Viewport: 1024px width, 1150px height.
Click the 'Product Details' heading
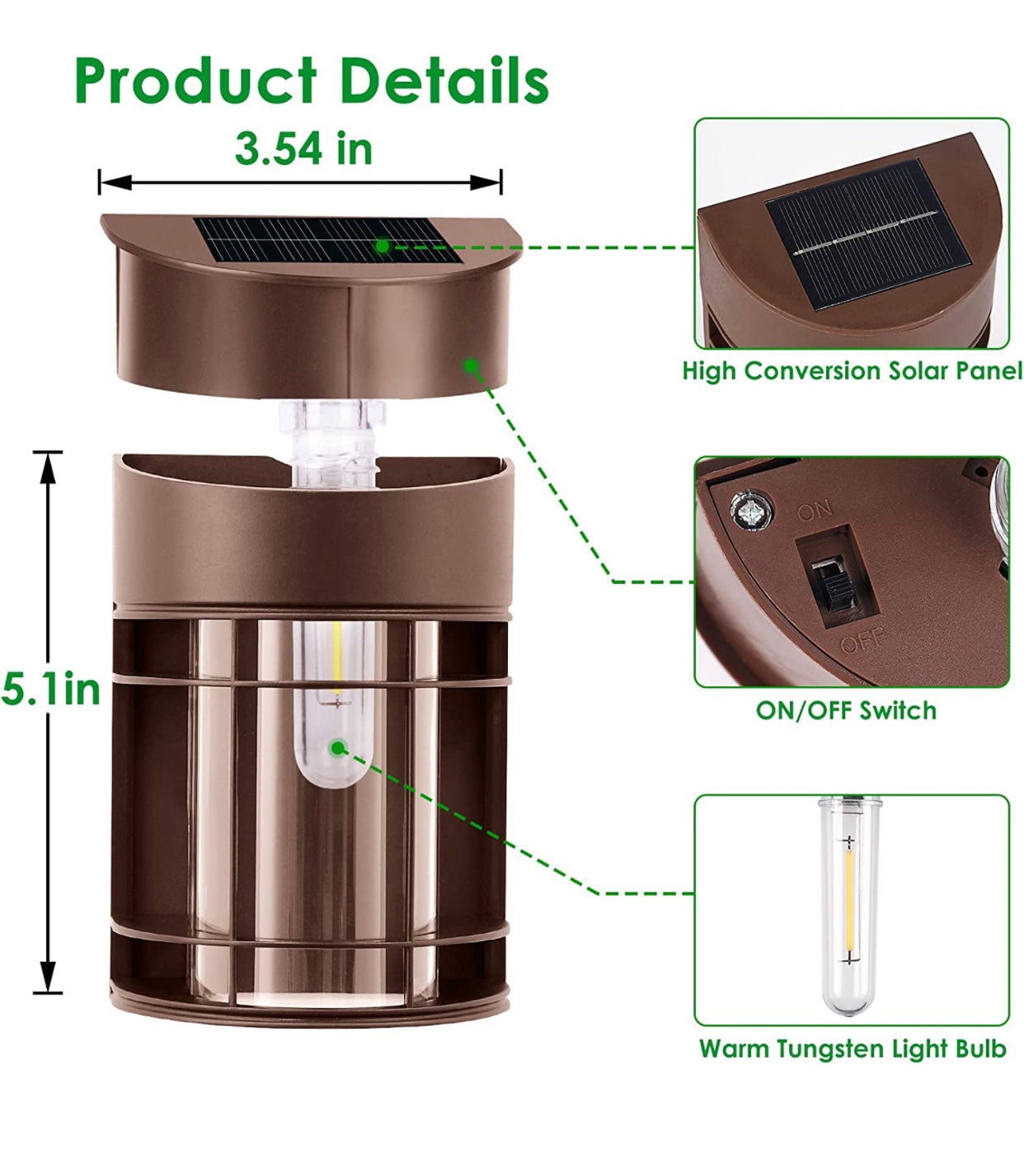[312, 80]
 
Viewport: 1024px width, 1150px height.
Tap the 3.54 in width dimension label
[303, 148]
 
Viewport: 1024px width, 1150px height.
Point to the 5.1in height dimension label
[50, 690]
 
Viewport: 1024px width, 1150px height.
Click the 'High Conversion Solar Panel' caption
[852, 370]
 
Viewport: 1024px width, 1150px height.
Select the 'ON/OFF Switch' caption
[846, 710]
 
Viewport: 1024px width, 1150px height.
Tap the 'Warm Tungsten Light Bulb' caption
[853, 1049]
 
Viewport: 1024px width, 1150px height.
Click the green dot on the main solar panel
[383, 247]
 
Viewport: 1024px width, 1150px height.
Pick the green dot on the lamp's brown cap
[470, 365]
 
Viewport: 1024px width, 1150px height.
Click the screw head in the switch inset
[751, 508]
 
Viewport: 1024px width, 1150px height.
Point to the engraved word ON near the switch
[815, 510]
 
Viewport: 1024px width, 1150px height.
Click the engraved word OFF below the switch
[862, 639]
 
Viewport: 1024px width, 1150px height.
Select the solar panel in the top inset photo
[867, 233]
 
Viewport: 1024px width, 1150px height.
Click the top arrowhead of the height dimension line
[48, 468]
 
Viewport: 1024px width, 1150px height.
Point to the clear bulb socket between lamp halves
[332, 443]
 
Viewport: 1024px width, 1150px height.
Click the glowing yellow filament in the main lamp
[337, 658]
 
